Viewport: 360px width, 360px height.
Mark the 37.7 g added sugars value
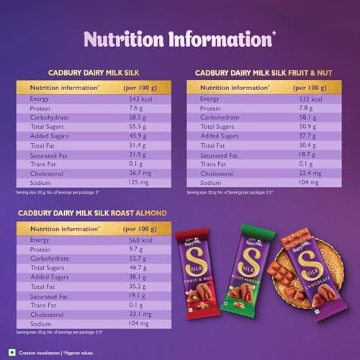click(310, 135)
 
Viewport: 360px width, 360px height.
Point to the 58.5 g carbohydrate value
click(137, 117)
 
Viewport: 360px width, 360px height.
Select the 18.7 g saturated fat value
click(310, 154)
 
